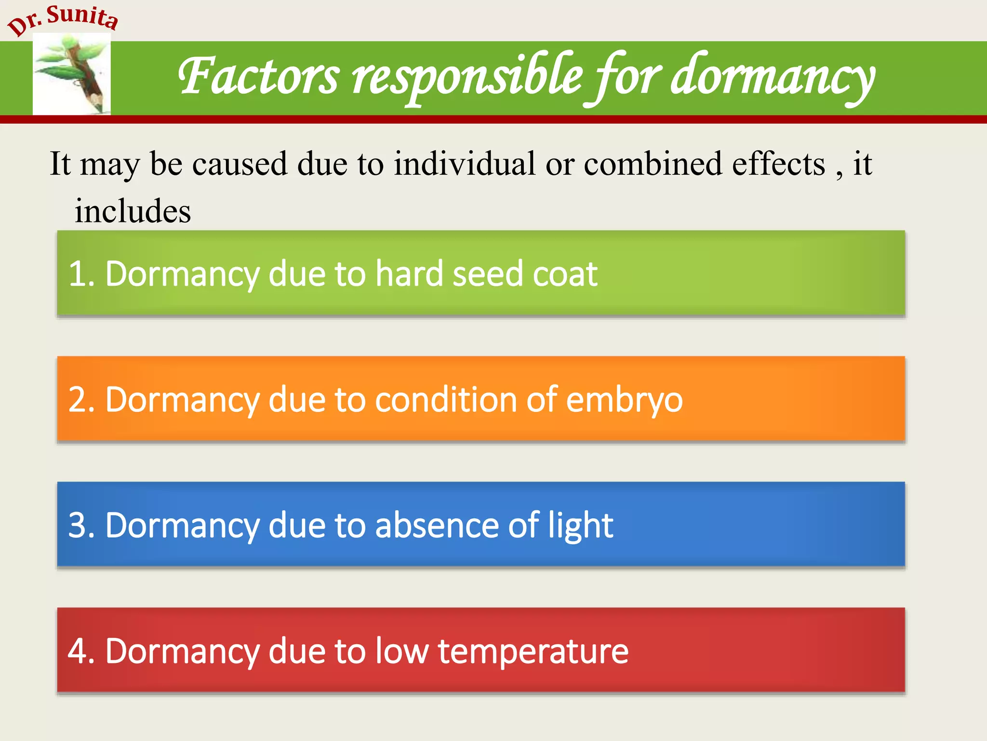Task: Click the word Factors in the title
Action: click(259, 76)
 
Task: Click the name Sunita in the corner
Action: click(83, 16)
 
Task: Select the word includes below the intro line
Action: click(133, 211)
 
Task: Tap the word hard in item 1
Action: click(409, 274)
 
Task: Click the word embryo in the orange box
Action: click(624, 400)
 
